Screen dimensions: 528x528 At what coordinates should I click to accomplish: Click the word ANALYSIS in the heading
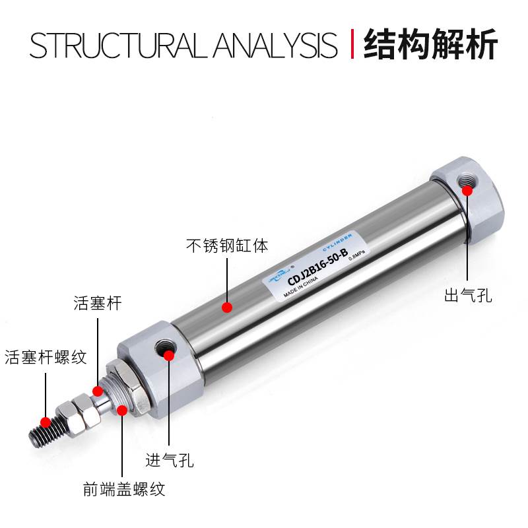click(277, 44)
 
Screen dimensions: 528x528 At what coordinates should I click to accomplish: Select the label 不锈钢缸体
click(226, 247)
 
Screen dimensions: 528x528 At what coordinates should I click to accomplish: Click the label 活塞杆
click(98, 304)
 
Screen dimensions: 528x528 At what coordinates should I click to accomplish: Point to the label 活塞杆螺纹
click(46, 358)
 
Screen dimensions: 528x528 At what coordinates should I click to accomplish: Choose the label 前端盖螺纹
click(123, 489)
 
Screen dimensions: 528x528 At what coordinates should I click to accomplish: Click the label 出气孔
click(468, 295)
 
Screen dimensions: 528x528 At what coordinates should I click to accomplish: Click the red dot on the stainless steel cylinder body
click(226, 307)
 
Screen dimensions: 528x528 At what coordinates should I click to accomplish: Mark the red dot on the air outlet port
click(467, 191)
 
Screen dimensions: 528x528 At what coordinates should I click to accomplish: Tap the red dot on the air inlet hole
click(169, 356)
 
